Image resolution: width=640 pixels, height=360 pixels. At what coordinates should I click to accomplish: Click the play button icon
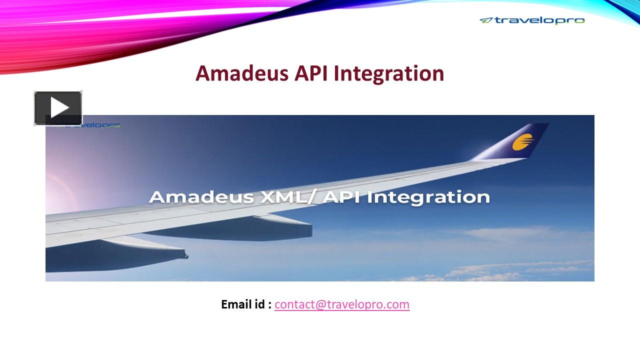[58, 108]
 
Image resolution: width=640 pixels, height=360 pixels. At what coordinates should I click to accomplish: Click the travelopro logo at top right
[532, 20]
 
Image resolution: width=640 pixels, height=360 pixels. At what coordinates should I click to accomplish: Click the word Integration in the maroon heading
[389, 73]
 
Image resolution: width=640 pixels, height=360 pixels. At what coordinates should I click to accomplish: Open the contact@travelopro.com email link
[342, 304]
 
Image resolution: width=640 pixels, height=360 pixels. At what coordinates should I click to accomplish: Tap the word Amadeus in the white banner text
[201, 196]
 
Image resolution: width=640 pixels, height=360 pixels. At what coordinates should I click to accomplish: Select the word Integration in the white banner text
[428, 196]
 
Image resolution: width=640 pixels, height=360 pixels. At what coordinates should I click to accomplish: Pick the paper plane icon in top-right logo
[486, 20]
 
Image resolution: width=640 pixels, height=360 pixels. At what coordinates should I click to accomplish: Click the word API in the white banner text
[342, 196]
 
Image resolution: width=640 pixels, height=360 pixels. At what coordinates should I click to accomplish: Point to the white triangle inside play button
[59, 108]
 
